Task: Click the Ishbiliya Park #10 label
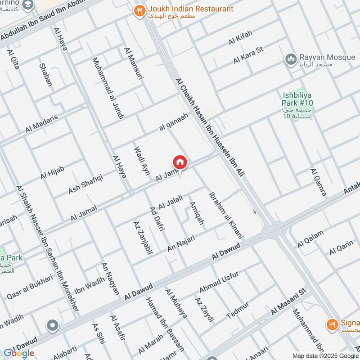tap(297, 99)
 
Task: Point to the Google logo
tap(18, 353)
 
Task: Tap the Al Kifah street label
tap(241, 38)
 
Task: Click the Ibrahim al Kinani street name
tap(226, 215)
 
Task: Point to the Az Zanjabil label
tap(141, 239)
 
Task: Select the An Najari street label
tap(181, 243)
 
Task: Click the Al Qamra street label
tap(318, 182)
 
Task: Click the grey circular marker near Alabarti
tap(53, 325)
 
